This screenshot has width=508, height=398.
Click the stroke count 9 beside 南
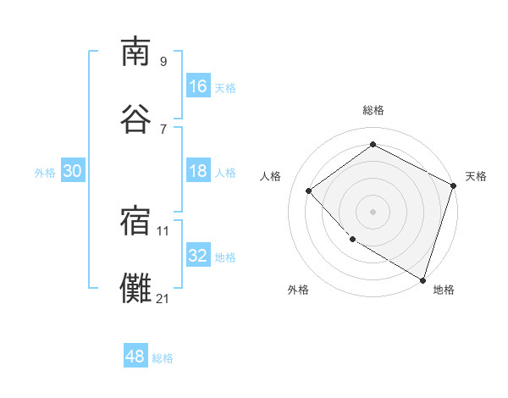[x=163, y=61]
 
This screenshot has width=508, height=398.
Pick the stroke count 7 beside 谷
[x=163, y=128]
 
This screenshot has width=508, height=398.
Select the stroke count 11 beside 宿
[x=163, y=230]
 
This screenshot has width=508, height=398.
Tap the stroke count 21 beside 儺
[x=163, y=298]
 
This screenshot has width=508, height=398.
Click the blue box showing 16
[x=198, y=86]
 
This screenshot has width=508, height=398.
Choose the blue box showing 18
[x=198, y=171]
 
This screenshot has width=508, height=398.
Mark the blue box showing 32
[x=198, y=256]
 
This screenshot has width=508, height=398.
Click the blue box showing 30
[x=73, y=171]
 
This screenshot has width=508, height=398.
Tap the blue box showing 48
[x=135, y=357]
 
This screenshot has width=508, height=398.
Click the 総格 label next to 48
[x=163, y=358]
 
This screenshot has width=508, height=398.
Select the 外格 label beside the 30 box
[x=45, y=172]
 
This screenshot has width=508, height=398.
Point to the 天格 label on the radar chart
[x=476, y=176]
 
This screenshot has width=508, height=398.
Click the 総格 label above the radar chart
[x=373, y=110]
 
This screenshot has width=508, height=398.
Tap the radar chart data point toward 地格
[x=422, y=279]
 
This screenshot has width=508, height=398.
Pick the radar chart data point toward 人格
[x=309, y=191]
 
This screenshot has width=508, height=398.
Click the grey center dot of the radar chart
[x=373, y=211]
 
